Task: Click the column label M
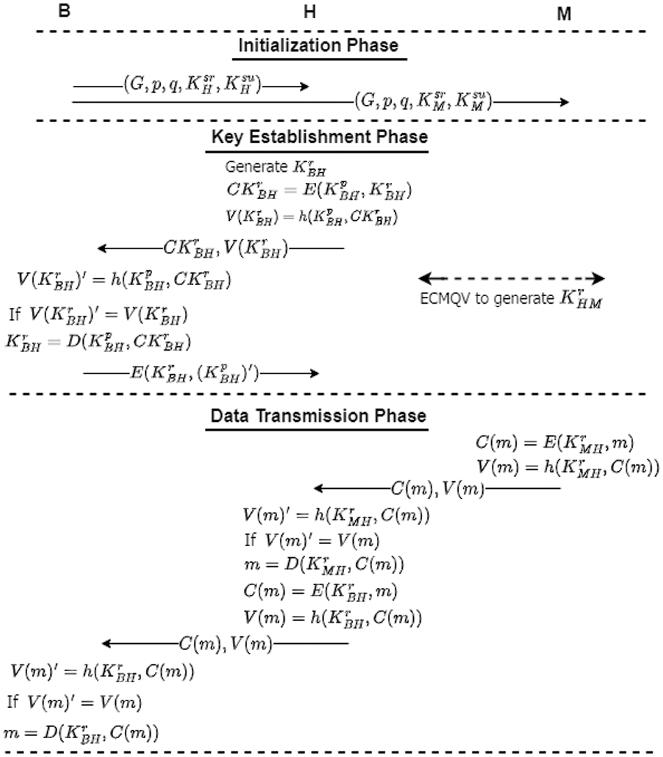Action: [x=565, y=14]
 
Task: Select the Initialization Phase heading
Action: [x=318, y=45]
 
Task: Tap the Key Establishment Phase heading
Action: [x=319, y=136]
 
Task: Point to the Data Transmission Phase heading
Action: [x=318, y=416]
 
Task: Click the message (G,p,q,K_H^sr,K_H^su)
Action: [x=190, y=85]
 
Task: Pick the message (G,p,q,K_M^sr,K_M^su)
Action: [x=423, y=101]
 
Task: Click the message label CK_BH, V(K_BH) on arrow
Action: [x=225, y=247]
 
